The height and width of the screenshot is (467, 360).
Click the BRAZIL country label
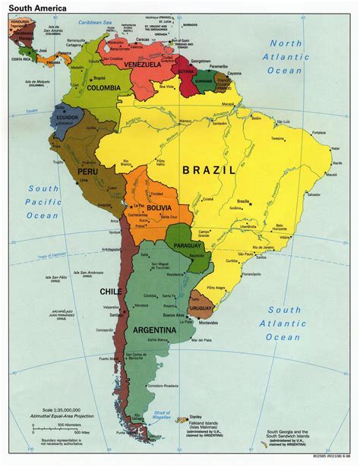209,171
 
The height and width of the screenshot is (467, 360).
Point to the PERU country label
86,172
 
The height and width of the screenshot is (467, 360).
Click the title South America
33,7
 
